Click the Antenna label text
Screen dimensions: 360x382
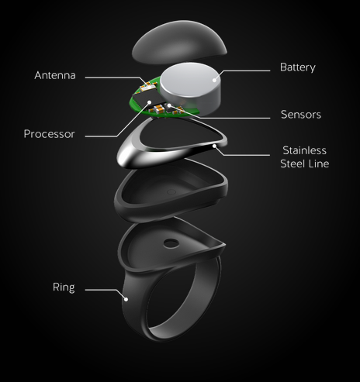(x=55, y=75)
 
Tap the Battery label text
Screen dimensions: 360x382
(x=298, y=67)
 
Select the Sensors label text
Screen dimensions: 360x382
(x=301, y=115)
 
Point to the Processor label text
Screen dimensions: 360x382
(x=49, y=134)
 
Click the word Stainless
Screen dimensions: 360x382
(x=304, y=150)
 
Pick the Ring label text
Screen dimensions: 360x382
(x=64, y=287)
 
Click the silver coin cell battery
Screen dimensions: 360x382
(x=191, y=88)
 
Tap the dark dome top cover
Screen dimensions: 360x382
(x=179, y=43)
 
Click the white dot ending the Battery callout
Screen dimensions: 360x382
(x=214, y=80)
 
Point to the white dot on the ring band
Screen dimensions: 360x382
(x=126, y=299)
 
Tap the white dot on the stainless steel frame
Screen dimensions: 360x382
(x=214, y=146)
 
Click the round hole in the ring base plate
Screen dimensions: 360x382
(x=171, y=243)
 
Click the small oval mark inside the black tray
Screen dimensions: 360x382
(x=171, y=192)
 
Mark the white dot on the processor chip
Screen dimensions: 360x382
(x=149, y=102)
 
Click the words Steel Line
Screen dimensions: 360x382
(x=305, y=163)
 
